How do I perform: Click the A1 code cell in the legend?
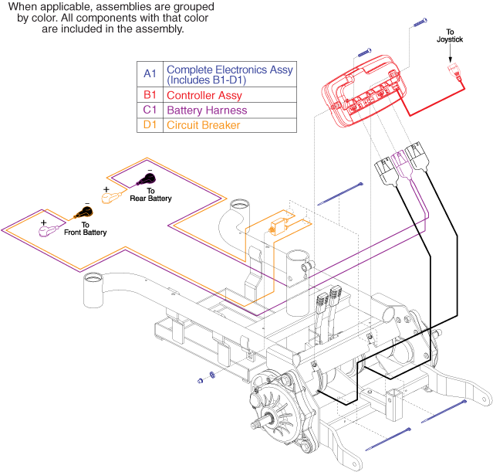(x=150, y=74)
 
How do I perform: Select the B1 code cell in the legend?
(x=150, y=96)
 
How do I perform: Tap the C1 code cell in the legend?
(x=150, y=110)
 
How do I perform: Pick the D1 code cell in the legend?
(x=150, y=125)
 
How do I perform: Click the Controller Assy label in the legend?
(x=204, y=96)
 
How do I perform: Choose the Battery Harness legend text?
(x=206, y=110)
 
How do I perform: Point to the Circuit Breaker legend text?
(x=203, y=125)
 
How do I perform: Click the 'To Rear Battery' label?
(x=150, y=195)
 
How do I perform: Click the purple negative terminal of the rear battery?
(x=146, y=180)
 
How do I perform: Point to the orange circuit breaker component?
(x=274, y=227)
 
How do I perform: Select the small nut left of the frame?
(x=200, y=379)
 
